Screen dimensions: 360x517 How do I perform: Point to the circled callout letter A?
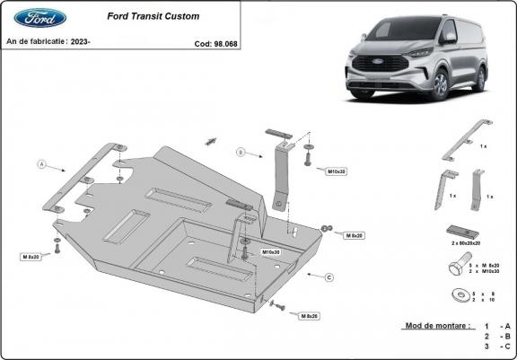pyautogui.click(x=41, y=164)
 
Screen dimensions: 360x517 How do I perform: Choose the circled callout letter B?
pyautogui.click(x=240, y=153)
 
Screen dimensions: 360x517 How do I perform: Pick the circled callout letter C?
pyautogui.click(x=329, y=277)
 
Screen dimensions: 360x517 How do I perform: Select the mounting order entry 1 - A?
pyautogui.click(x=496, y=326)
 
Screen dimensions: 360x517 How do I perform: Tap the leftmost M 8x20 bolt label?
pyautogui.click(x=29, y=257)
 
